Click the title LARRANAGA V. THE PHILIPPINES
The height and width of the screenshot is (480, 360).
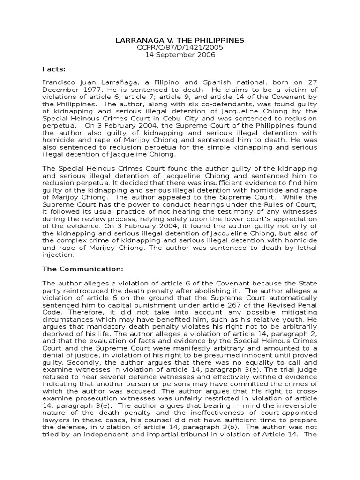pos(180,40)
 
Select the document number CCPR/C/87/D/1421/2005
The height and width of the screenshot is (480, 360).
pos(180,47)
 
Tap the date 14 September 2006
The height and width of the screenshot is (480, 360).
pos(180,55)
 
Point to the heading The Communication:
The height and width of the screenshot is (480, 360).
pos(83,269)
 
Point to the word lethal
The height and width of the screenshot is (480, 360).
pos(307,247)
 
